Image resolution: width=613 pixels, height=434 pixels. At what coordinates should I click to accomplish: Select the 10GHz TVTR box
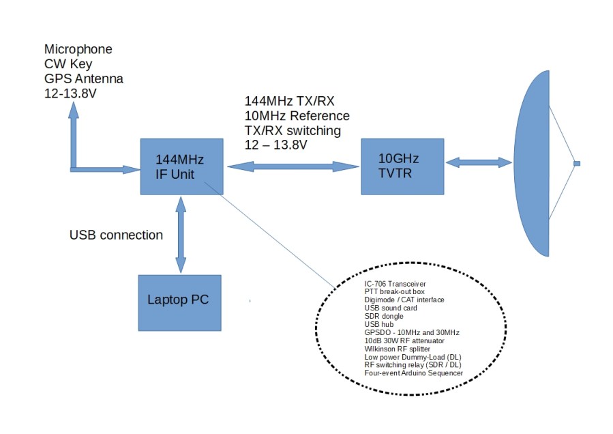tap(402, 167)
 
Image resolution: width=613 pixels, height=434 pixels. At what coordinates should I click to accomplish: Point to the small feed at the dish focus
tap(577, 164)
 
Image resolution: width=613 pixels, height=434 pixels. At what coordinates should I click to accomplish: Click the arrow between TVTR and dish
tap(478, 162)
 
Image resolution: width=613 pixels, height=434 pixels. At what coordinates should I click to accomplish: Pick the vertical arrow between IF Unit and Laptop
tap(181, 235)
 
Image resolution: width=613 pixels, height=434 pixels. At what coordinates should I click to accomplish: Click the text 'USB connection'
tap(116, 235)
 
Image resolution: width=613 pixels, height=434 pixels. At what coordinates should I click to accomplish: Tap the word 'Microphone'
tap(78, 50)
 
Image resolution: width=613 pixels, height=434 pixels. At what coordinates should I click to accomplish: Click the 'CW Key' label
tap(68, 64)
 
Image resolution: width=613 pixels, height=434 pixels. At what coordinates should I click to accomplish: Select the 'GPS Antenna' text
tap(83, 78)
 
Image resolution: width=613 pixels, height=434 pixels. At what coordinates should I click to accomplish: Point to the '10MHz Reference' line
tap(297, 115)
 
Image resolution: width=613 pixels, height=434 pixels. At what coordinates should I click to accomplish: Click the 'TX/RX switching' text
tap(293, 130)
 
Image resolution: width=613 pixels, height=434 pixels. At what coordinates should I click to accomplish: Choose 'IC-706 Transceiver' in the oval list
tap(398, 284)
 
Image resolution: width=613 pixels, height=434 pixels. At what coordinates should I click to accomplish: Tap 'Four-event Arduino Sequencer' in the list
tap(414, 373)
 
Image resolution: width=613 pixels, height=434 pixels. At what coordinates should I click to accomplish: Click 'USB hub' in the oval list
tap(379, 324)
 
